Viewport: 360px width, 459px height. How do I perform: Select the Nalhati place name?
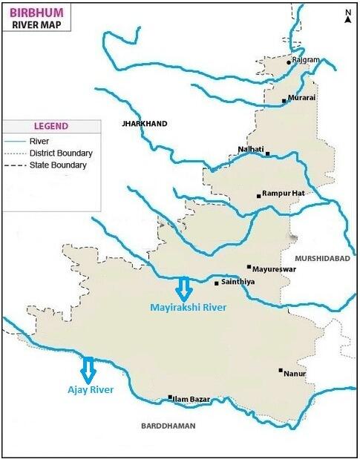[x=250, y=149]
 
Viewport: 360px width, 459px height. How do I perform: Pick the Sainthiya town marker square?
[x=216, y=283]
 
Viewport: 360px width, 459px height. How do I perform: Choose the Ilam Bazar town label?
[x=191, y=400]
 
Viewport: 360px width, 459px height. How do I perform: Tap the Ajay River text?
[x=87, y=388]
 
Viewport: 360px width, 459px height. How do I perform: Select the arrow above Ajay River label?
[x=88, y=368]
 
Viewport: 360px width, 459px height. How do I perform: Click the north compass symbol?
[x=347, y=17]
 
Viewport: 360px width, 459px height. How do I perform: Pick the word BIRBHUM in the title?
[x=36, y=11]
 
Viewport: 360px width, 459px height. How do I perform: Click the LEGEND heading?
[x=50, y=126]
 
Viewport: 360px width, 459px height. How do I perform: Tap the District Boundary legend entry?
[x=60, y=153]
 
